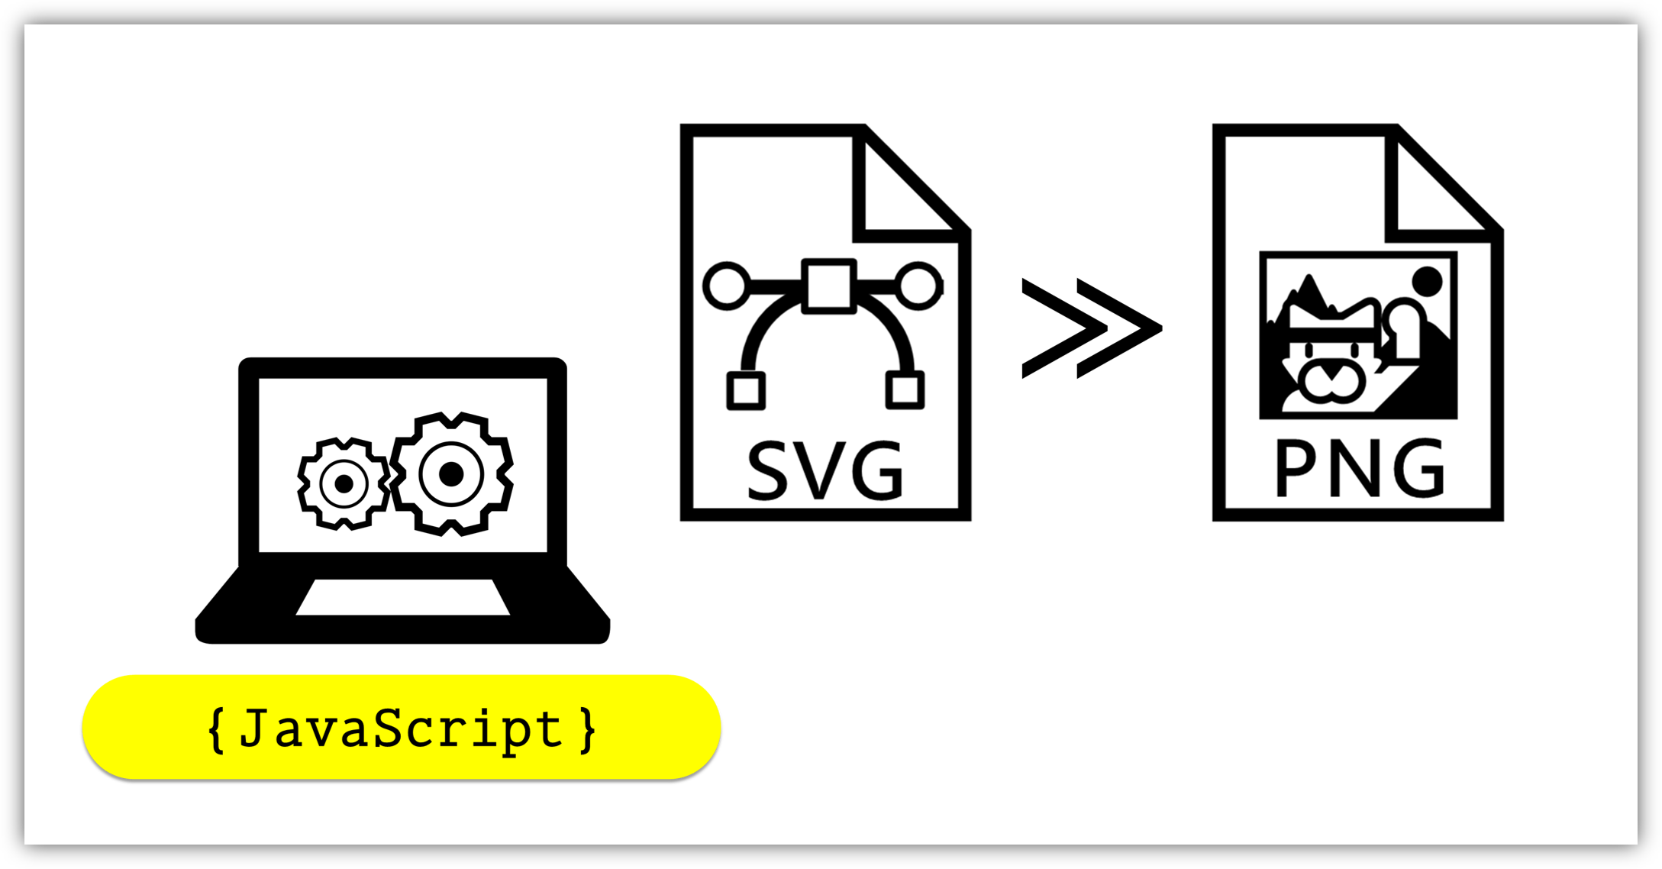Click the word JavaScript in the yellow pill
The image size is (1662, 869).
click(401, 729)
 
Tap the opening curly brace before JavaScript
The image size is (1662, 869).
click(217, 730)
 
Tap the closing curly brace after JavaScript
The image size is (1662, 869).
click(587, 730)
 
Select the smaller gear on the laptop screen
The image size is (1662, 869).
click(344, 483)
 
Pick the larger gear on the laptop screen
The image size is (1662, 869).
click(451, 474)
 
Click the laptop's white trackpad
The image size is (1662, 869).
click(403, 597)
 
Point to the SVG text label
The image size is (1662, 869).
click(825, 471)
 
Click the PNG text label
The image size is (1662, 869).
click(1360, 469)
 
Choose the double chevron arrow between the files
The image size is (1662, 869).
click(1091, 328)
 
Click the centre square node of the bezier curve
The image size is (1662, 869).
click(828, 286)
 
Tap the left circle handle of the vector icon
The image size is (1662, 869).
click(726, 286)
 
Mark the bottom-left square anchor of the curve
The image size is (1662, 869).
click(745, 390)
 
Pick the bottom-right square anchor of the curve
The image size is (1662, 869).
click(905, 390)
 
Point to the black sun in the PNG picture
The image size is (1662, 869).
click(1427, 281)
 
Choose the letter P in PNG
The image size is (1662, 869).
click(1293, 469)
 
